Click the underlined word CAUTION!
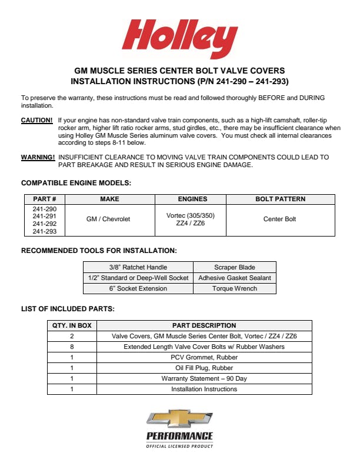(x=37, y=120)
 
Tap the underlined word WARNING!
(x=38, y=158)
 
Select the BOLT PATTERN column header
(x=280, y=199)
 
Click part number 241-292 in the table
(x=45, y=224)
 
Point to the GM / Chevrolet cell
(x=108, y=219)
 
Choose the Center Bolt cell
(x=280, y=219)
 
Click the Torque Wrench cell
(x=235, y=289)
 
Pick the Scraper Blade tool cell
(x=235, y=267)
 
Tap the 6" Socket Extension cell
(x=138, y=289)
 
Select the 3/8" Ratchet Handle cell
(x=138, y=267)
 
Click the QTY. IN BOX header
(x=72, y=325)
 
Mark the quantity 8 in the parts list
(x=72, y=347)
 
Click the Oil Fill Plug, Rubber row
(x=204, y=368)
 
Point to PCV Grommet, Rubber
(x=204, y=357)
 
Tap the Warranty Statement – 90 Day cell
(x=204, y=378)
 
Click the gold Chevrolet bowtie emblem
(x=179, y=419)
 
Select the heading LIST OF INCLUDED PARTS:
(x=68, y=308)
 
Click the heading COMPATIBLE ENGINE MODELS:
(x=76, y=183)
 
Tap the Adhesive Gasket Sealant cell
(x=235, y=278)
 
